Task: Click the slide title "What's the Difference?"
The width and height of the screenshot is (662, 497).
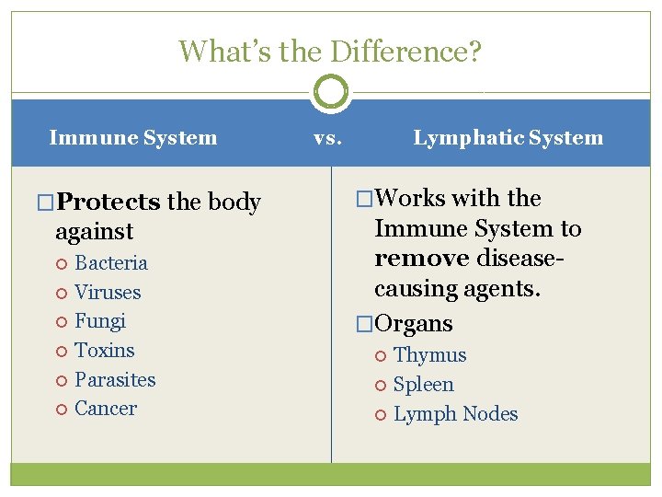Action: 330,51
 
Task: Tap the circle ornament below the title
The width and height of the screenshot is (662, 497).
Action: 331,92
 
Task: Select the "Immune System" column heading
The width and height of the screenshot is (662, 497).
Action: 133,138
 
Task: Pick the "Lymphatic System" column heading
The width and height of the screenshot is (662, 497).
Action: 508,138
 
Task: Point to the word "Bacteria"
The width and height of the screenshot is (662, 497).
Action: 110,263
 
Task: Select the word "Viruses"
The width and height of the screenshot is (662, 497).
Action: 108,293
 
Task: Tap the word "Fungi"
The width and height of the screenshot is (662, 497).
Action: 100,321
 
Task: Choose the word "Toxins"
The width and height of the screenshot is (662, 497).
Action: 104,351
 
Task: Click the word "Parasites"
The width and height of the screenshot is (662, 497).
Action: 115,379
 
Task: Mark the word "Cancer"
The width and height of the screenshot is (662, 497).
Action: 106,409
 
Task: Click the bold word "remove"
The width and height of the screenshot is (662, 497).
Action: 421,259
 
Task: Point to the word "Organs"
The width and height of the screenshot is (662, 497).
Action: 414,324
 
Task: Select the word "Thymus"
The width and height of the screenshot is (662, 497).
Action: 429,355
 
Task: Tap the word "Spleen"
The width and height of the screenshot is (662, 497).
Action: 424,385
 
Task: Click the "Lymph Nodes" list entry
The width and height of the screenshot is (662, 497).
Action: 455,414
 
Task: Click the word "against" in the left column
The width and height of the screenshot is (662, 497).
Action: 94,231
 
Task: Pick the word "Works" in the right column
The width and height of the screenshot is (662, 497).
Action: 408,198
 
